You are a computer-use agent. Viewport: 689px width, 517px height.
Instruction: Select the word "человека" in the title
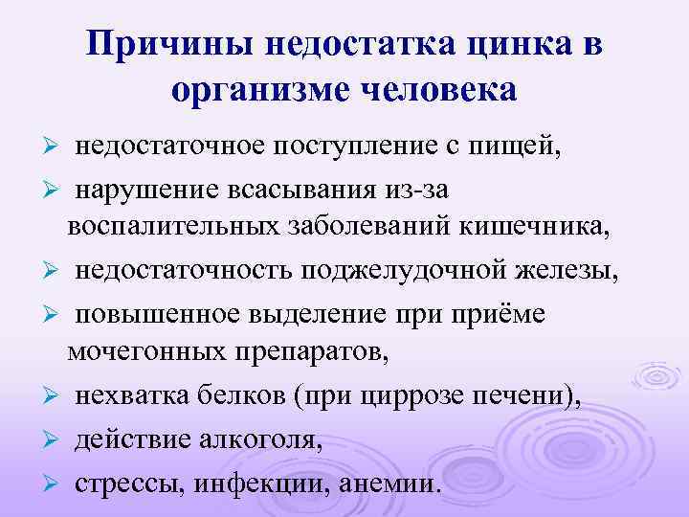click(437, 91)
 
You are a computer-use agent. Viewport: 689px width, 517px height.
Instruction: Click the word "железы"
click(566, 270)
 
